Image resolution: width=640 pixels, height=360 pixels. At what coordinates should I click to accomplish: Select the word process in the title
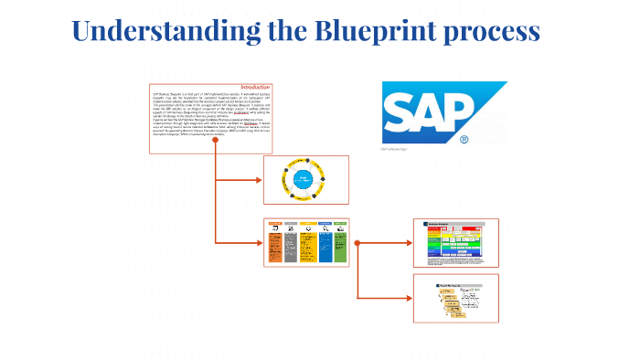[x=488, y=32]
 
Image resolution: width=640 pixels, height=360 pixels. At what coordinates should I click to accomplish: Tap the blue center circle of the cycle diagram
[x=306, y=179]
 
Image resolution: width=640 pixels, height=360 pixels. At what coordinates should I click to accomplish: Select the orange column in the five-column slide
[x=276, y=246]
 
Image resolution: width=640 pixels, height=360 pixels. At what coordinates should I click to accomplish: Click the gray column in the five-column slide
[x=292, y=246]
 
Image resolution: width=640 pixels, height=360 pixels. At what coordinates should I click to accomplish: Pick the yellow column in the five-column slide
[x=307, y=246]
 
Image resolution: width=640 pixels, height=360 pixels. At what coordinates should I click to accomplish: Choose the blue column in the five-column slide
[x=324, y=246]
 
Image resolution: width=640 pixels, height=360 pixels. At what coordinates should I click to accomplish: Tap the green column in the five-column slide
[x=340, y=246]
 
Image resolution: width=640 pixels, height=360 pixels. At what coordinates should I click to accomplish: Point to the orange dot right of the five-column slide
[x=357, y=242]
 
